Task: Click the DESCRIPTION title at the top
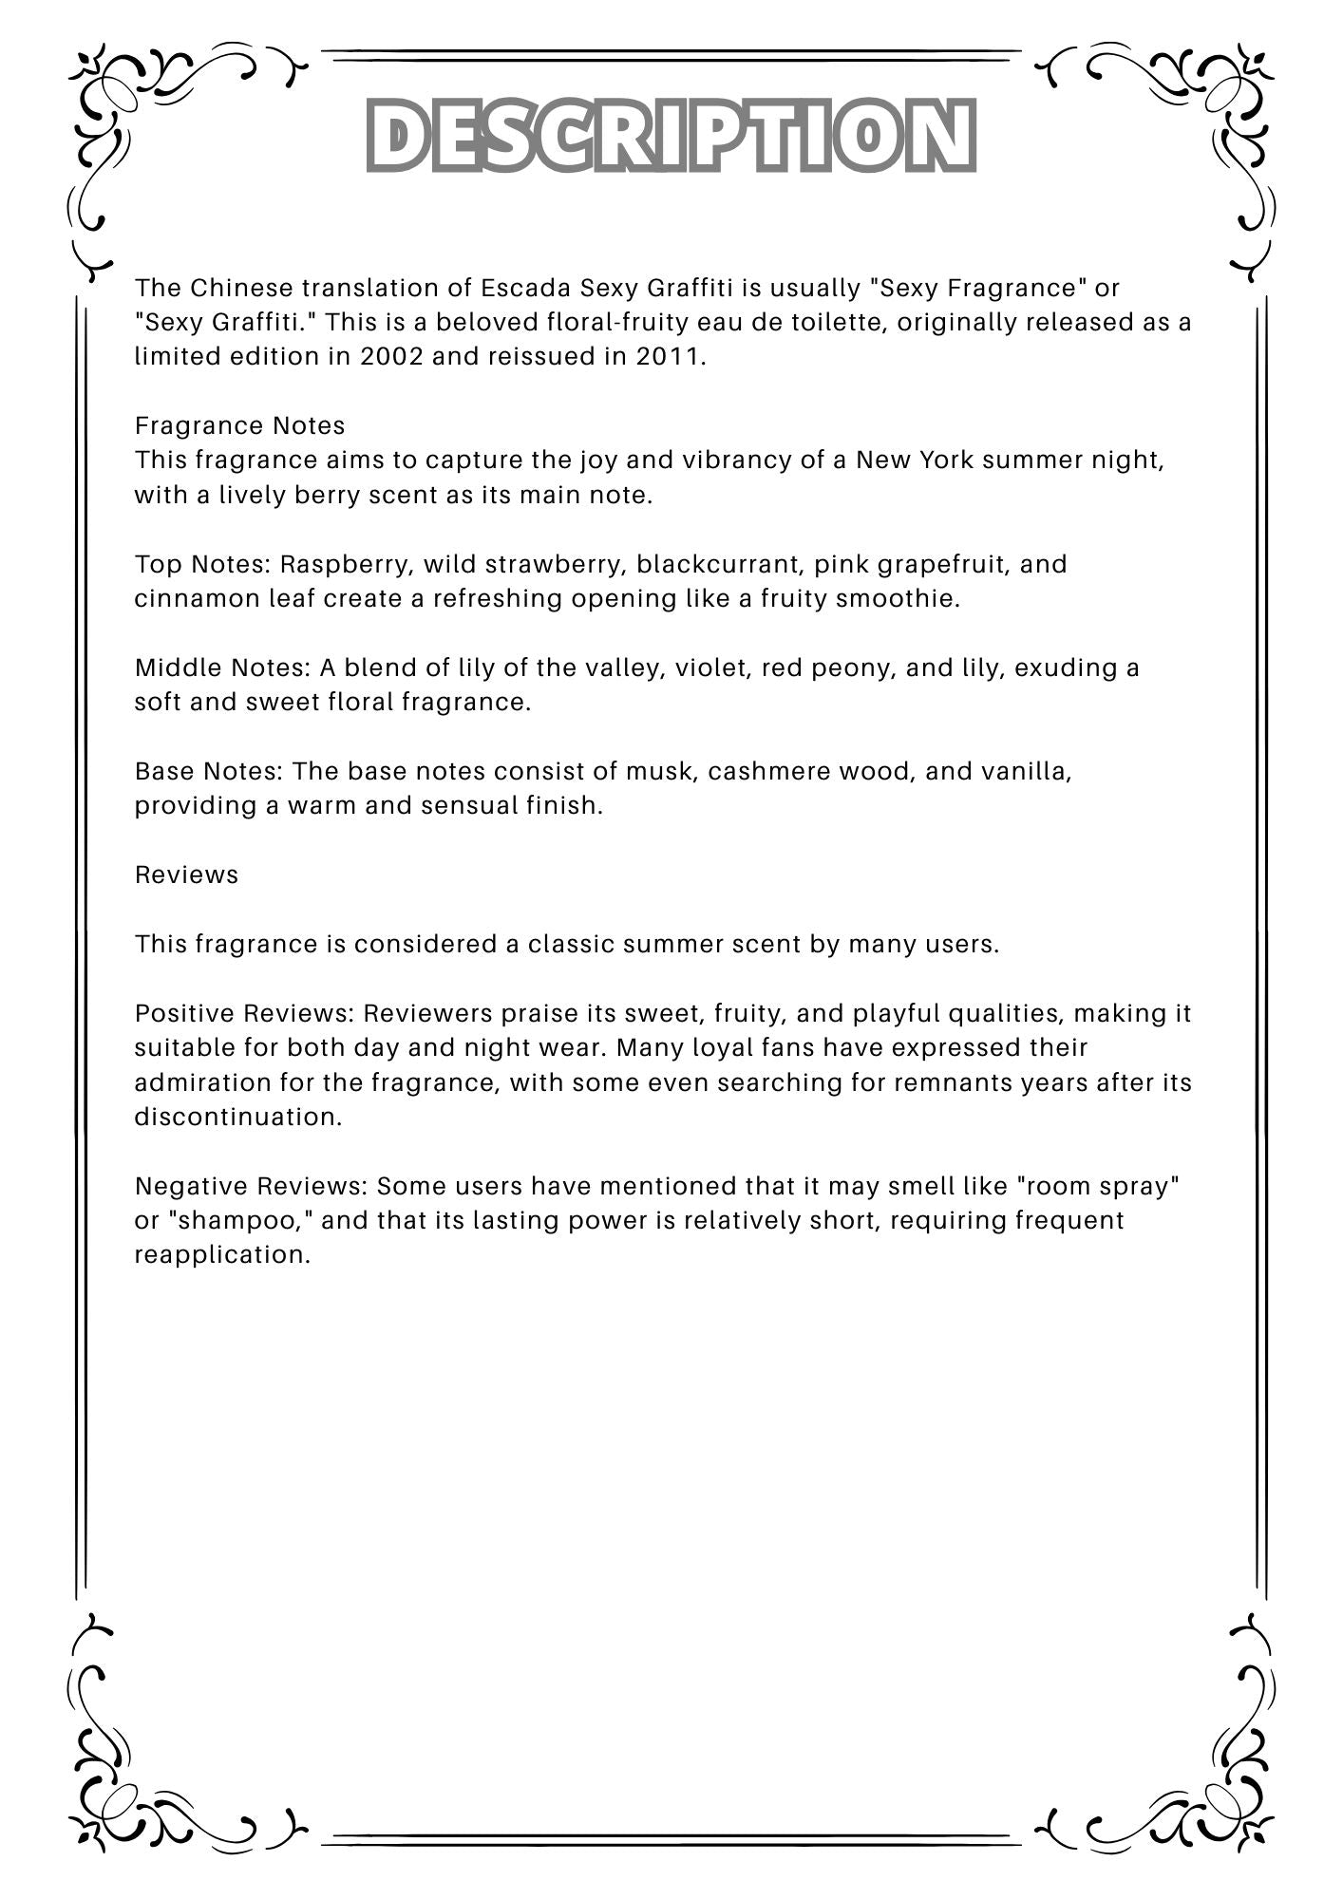point(671,136)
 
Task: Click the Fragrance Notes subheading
point(239,425)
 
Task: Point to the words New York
point(915,461)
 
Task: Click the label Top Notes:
point(203,564)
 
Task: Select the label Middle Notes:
point(222,667)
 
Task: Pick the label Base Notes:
point(209,771)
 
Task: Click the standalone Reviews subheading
point(186,874)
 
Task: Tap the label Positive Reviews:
point(244,1013)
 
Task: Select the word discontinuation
point(236,1117)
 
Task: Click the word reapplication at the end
point(221,1255)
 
